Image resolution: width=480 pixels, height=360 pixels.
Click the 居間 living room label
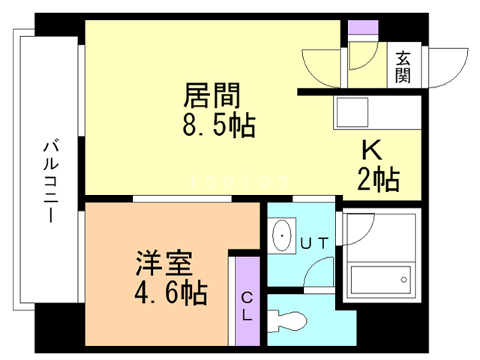211,95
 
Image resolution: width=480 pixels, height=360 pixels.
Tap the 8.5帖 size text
219,124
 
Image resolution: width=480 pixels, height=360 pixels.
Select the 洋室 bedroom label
164,263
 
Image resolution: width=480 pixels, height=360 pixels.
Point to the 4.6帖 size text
171,292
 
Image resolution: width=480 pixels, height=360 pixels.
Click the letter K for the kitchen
372,150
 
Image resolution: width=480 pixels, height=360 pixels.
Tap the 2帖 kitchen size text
378,179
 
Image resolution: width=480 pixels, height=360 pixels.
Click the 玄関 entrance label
403,67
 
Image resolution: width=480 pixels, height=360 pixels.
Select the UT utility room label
314,244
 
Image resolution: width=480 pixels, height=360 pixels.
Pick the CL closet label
247,306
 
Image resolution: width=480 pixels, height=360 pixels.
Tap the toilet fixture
286,321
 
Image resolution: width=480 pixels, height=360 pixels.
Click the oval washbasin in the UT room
282,235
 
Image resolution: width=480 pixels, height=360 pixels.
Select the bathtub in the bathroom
380,280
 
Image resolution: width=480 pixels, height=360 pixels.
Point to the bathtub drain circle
403,280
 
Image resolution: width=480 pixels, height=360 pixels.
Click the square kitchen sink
352,112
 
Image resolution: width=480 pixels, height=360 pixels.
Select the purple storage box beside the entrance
363,28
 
